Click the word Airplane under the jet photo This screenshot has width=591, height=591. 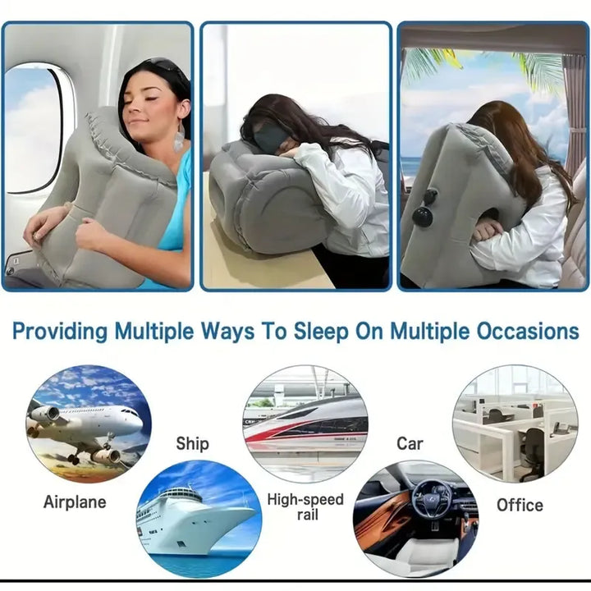point(75,502)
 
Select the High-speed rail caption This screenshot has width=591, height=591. point(305,506)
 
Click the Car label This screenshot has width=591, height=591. point(410,444)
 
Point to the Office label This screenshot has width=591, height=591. point(520,505)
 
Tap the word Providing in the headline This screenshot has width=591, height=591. point(60,332)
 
